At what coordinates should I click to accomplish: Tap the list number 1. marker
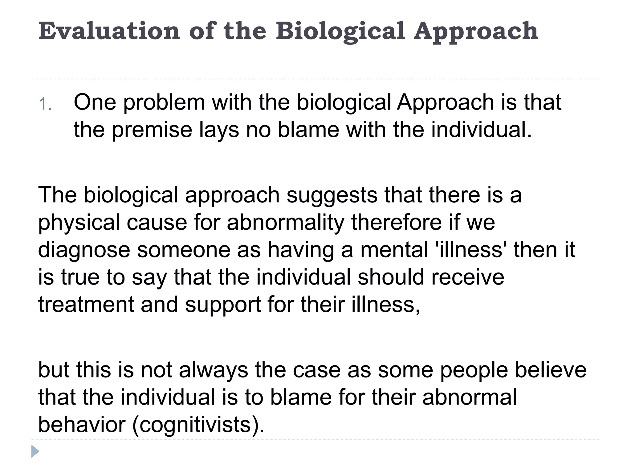[45, 104]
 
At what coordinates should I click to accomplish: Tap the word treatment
[86, 304]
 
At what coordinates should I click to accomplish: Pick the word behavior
[82, 425]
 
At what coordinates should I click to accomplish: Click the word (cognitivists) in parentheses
[198, 425]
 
